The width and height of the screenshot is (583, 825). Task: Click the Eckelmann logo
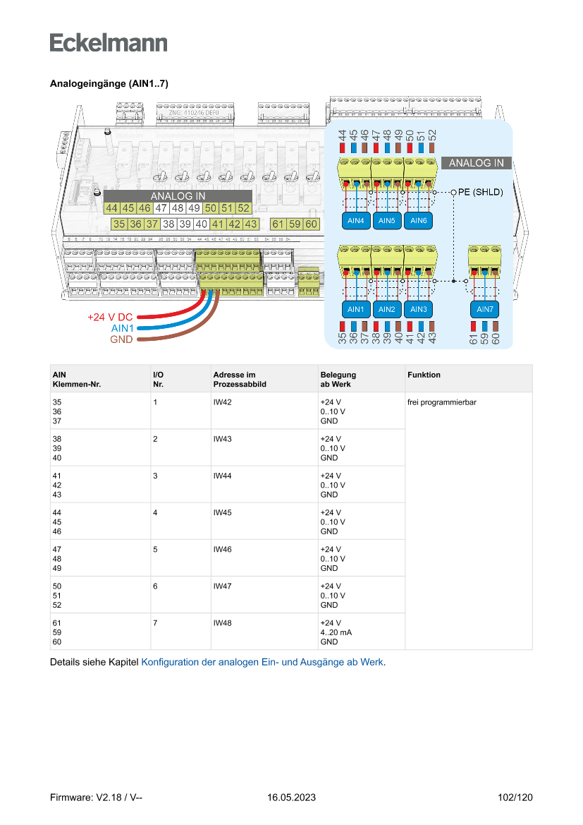point(109,42)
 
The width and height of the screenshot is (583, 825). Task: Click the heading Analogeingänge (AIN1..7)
point(109,83)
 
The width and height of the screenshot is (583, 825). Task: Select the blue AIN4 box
point(356,221)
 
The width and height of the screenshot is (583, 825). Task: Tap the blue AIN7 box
point(485,309)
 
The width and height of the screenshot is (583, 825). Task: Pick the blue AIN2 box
point(386,309)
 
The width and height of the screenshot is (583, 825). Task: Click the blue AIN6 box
point(418,221)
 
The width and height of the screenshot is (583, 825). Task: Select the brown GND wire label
point(121,339)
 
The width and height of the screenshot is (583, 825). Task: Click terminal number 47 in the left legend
point(161,208)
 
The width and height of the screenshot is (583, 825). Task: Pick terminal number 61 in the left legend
point(278,224)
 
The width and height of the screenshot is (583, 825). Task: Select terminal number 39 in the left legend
point(185,224)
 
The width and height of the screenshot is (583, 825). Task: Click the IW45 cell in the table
point(223,513)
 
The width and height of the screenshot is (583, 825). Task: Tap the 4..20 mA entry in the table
point(336,633)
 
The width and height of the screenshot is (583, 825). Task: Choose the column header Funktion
point(424,375)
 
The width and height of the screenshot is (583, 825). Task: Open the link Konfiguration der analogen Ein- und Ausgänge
point(263,663)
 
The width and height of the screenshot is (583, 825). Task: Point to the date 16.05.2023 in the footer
point(291,797)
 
